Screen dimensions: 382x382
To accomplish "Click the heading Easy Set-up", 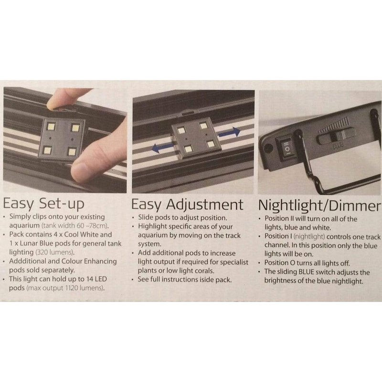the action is (x=43, y=204).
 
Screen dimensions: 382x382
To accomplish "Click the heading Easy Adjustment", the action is (x=187, y=204).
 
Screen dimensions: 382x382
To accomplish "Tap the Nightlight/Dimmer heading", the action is (x=319, y=206).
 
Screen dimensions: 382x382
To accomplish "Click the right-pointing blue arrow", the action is (x=229, y=132).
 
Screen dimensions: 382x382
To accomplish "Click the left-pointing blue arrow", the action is (x=162, y=148).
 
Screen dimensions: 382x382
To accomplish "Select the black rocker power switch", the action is (x=287, y=148).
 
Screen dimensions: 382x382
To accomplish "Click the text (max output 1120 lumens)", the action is (x=65, y=288).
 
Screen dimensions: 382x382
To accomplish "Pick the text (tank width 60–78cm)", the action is (x=75, y=225).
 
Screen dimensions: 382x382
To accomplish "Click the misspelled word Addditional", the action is (x=27, y=261).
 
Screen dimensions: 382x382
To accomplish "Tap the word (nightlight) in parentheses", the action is (x=309, y=236).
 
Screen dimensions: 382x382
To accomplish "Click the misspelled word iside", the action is (x=207, y=279).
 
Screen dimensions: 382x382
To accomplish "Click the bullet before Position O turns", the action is (x=260, y=264).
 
